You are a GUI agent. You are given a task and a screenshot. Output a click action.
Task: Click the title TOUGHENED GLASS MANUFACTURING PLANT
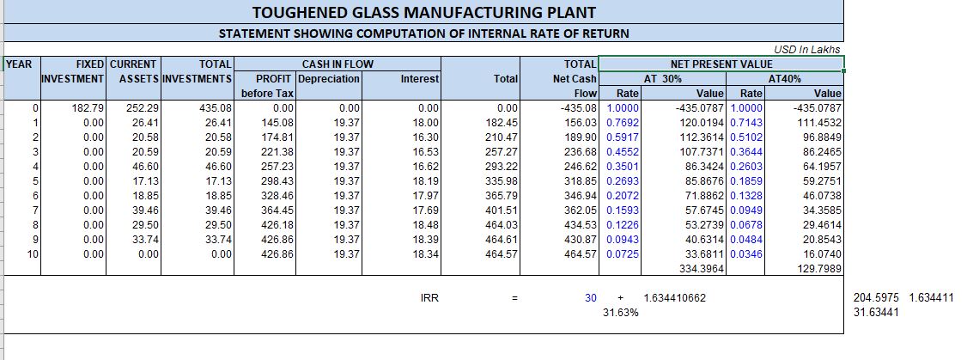coord(424,12)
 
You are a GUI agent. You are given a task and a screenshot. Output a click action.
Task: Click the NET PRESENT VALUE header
coord(721,64)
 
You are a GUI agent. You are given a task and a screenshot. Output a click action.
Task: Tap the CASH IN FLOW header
coord(338,64)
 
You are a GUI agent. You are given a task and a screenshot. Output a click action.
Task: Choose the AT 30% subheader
coord(662,78)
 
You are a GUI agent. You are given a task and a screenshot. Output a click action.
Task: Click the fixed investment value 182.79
coord(89,108)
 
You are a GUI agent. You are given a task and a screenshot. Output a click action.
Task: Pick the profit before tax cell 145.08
coord(277,123)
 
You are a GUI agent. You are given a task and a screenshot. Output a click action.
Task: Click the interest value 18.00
coord(426,123)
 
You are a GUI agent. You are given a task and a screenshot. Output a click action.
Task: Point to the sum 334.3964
coord(703,269)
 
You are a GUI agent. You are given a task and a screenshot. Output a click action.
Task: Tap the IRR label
coord(430,297)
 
